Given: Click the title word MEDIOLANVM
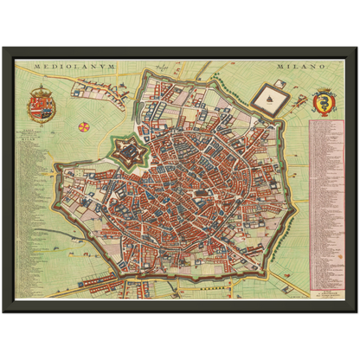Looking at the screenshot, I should click(66, 67).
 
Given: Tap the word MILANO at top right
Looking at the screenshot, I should click(299, 67).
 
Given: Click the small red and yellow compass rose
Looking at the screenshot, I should click(83, 127).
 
